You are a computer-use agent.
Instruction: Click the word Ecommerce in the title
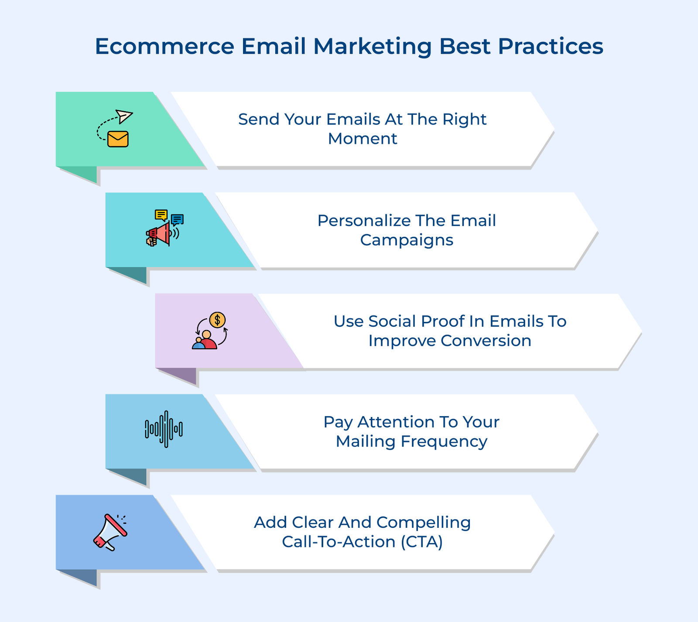coord(164,46)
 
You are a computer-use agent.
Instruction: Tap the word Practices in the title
coord(551,46)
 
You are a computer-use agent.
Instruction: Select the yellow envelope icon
coord(118,139)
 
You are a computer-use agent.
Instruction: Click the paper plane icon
coord(124,116)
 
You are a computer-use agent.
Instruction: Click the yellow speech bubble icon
coord(161,215)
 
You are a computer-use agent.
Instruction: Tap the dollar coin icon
coord(217,320)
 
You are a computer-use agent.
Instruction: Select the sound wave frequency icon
coord(164,429)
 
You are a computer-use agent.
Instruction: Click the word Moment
coord(362,139)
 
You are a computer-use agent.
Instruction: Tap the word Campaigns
coord(407,240)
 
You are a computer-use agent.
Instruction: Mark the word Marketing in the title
coord(372,46)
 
